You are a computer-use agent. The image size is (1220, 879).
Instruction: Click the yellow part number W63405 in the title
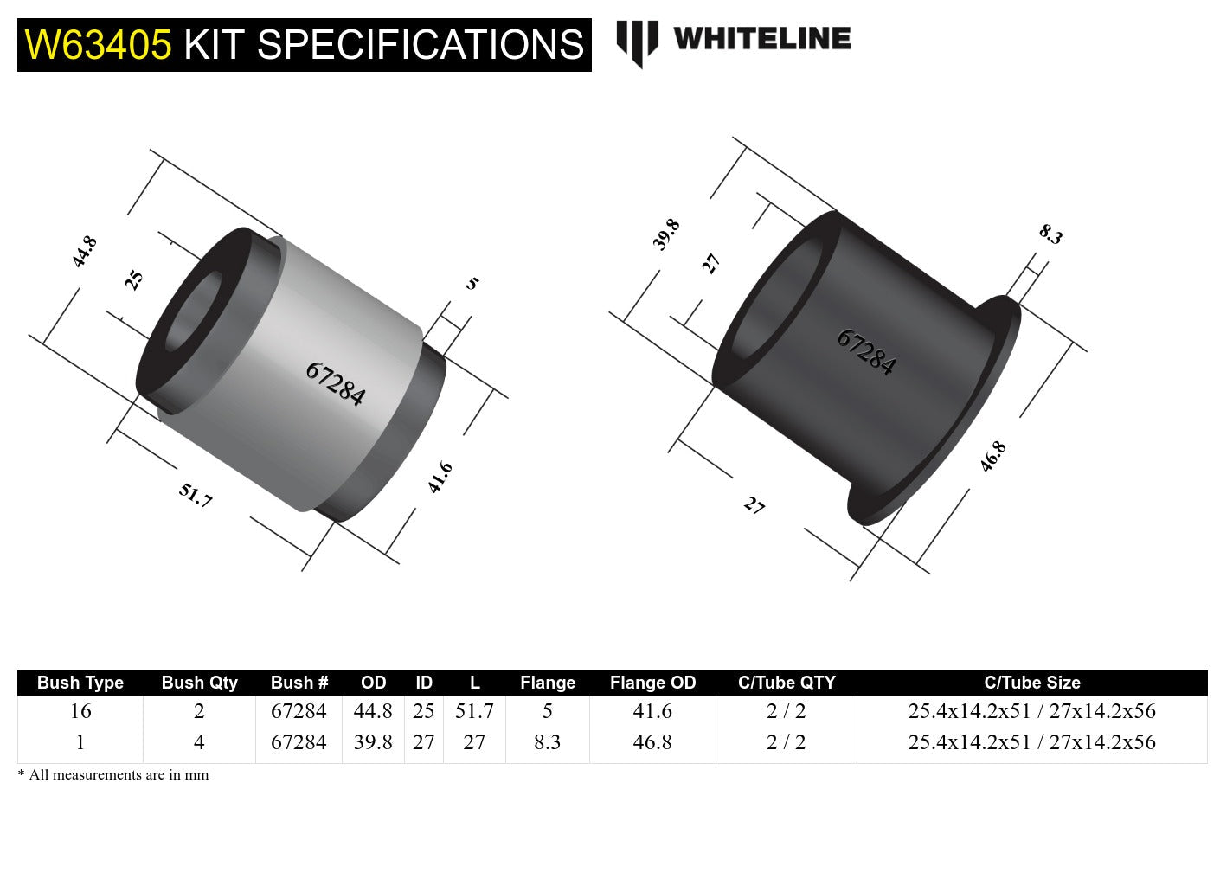[99, 45]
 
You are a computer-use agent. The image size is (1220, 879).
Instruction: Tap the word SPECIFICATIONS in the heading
[421, 45]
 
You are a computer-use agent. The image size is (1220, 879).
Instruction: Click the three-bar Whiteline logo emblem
[637, 42]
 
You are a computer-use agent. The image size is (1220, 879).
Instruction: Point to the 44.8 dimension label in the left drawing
[85, 252]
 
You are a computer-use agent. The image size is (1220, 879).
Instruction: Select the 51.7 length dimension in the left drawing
[196, 496]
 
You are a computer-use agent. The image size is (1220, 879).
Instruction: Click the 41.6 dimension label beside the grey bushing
[440, 478]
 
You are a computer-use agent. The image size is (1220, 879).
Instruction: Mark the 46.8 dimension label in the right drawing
[992, 456]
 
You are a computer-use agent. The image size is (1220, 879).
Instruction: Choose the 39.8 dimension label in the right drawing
[666, 234]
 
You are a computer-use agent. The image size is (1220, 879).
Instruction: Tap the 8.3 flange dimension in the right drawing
[1050, 234]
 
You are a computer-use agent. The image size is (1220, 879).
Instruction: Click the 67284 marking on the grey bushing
[336, 383]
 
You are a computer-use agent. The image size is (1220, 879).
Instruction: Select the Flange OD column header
[652, 683]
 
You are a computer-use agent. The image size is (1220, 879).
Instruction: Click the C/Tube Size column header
[1031, 683]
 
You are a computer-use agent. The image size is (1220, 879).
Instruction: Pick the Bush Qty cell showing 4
[199, 742]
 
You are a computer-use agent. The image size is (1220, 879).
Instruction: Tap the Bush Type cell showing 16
[80, 711]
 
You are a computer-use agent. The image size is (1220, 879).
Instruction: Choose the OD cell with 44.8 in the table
[373, 711]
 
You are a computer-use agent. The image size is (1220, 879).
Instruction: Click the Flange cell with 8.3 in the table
[547, 742]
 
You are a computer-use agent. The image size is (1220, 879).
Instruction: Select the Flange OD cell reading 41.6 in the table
[652, 711]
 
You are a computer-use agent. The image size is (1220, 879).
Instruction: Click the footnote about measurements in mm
[113, 775]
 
